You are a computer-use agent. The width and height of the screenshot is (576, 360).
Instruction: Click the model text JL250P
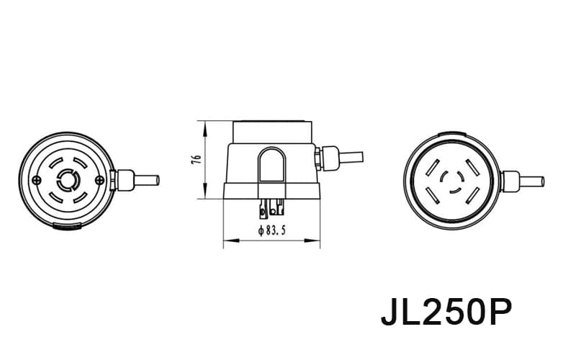click(x=446, y=313)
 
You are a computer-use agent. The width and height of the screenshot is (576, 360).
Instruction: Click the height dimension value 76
click(x=197, y=161)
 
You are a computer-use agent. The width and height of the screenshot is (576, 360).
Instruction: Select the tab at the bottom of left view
click(x=67, y=227)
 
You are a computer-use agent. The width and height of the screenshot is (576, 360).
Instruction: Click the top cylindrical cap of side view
click(x=272, y=132)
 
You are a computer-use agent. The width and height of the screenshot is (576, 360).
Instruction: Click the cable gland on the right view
click(x=508, y=179)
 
